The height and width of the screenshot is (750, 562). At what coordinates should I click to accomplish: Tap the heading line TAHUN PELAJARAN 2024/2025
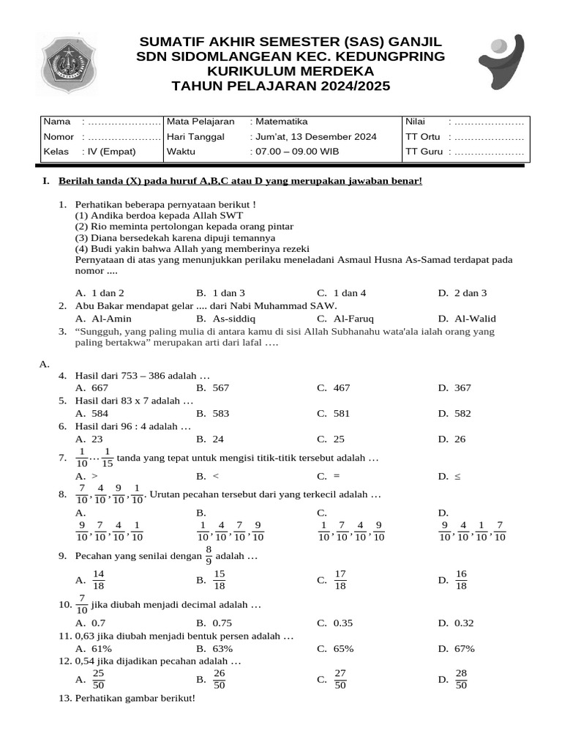pos(281,86)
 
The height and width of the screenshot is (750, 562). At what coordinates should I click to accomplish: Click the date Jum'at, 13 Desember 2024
pos(316,137)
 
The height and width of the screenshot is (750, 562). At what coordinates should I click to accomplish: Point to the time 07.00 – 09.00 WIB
pos(297,152)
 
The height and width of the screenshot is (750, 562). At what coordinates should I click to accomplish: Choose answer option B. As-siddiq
pos(226,319)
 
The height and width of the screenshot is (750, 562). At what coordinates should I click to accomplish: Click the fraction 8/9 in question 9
pos(209,557)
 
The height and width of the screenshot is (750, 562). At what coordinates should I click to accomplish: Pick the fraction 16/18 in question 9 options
pos(461,580)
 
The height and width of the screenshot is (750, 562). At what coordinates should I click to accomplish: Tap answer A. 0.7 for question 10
pos(91,623)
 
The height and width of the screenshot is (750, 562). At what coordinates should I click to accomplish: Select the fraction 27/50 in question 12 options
pos(340,680)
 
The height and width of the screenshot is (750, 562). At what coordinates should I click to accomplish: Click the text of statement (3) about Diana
pos(175,238)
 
